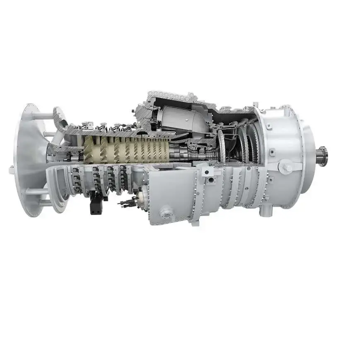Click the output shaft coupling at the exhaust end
coord(322,157)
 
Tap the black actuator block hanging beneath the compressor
coord(96,204)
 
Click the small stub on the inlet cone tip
coord(11,169)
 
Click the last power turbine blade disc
coord(253,143)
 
